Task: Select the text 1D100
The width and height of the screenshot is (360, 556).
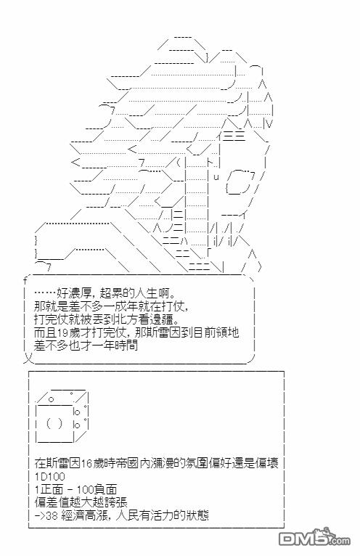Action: point(49,476)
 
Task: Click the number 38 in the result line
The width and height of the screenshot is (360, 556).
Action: point(52,515)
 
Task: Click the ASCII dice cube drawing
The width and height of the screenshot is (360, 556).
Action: point(62,416)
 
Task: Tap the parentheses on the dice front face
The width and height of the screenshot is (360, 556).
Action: point(54,423)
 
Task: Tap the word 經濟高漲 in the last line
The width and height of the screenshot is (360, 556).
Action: point(83,515)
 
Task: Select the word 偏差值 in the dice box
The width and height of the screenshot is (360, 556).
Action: point(52,502)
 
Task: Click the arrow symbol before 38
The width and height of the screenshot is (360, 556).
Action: point(40,515)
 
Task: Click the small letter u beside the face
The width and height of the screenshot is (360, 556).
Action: point(216,176)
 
